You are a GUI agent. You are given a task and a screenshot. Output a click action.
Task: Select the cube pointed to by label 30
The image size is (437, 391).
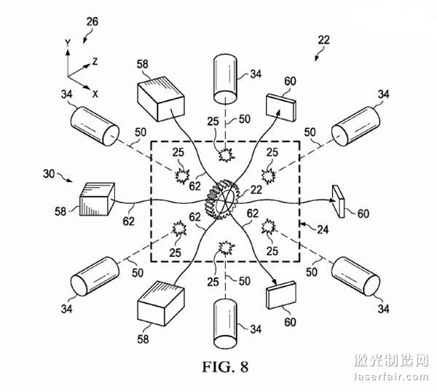tap(95, 197)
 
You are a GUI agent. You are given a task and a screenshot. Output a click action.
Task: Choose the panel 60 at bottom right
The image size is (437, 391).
tap(283, 297)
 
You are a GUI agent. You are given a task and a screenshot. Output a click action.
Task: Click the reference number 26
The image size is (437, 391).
tap(91, 21)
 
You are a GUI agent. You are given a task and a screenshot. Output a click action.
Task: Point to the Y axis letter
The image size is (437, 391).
tap(66, 44)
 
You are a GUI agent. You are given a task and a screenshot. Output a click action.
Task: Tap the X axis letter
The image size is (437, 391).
tap(95, 92)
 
